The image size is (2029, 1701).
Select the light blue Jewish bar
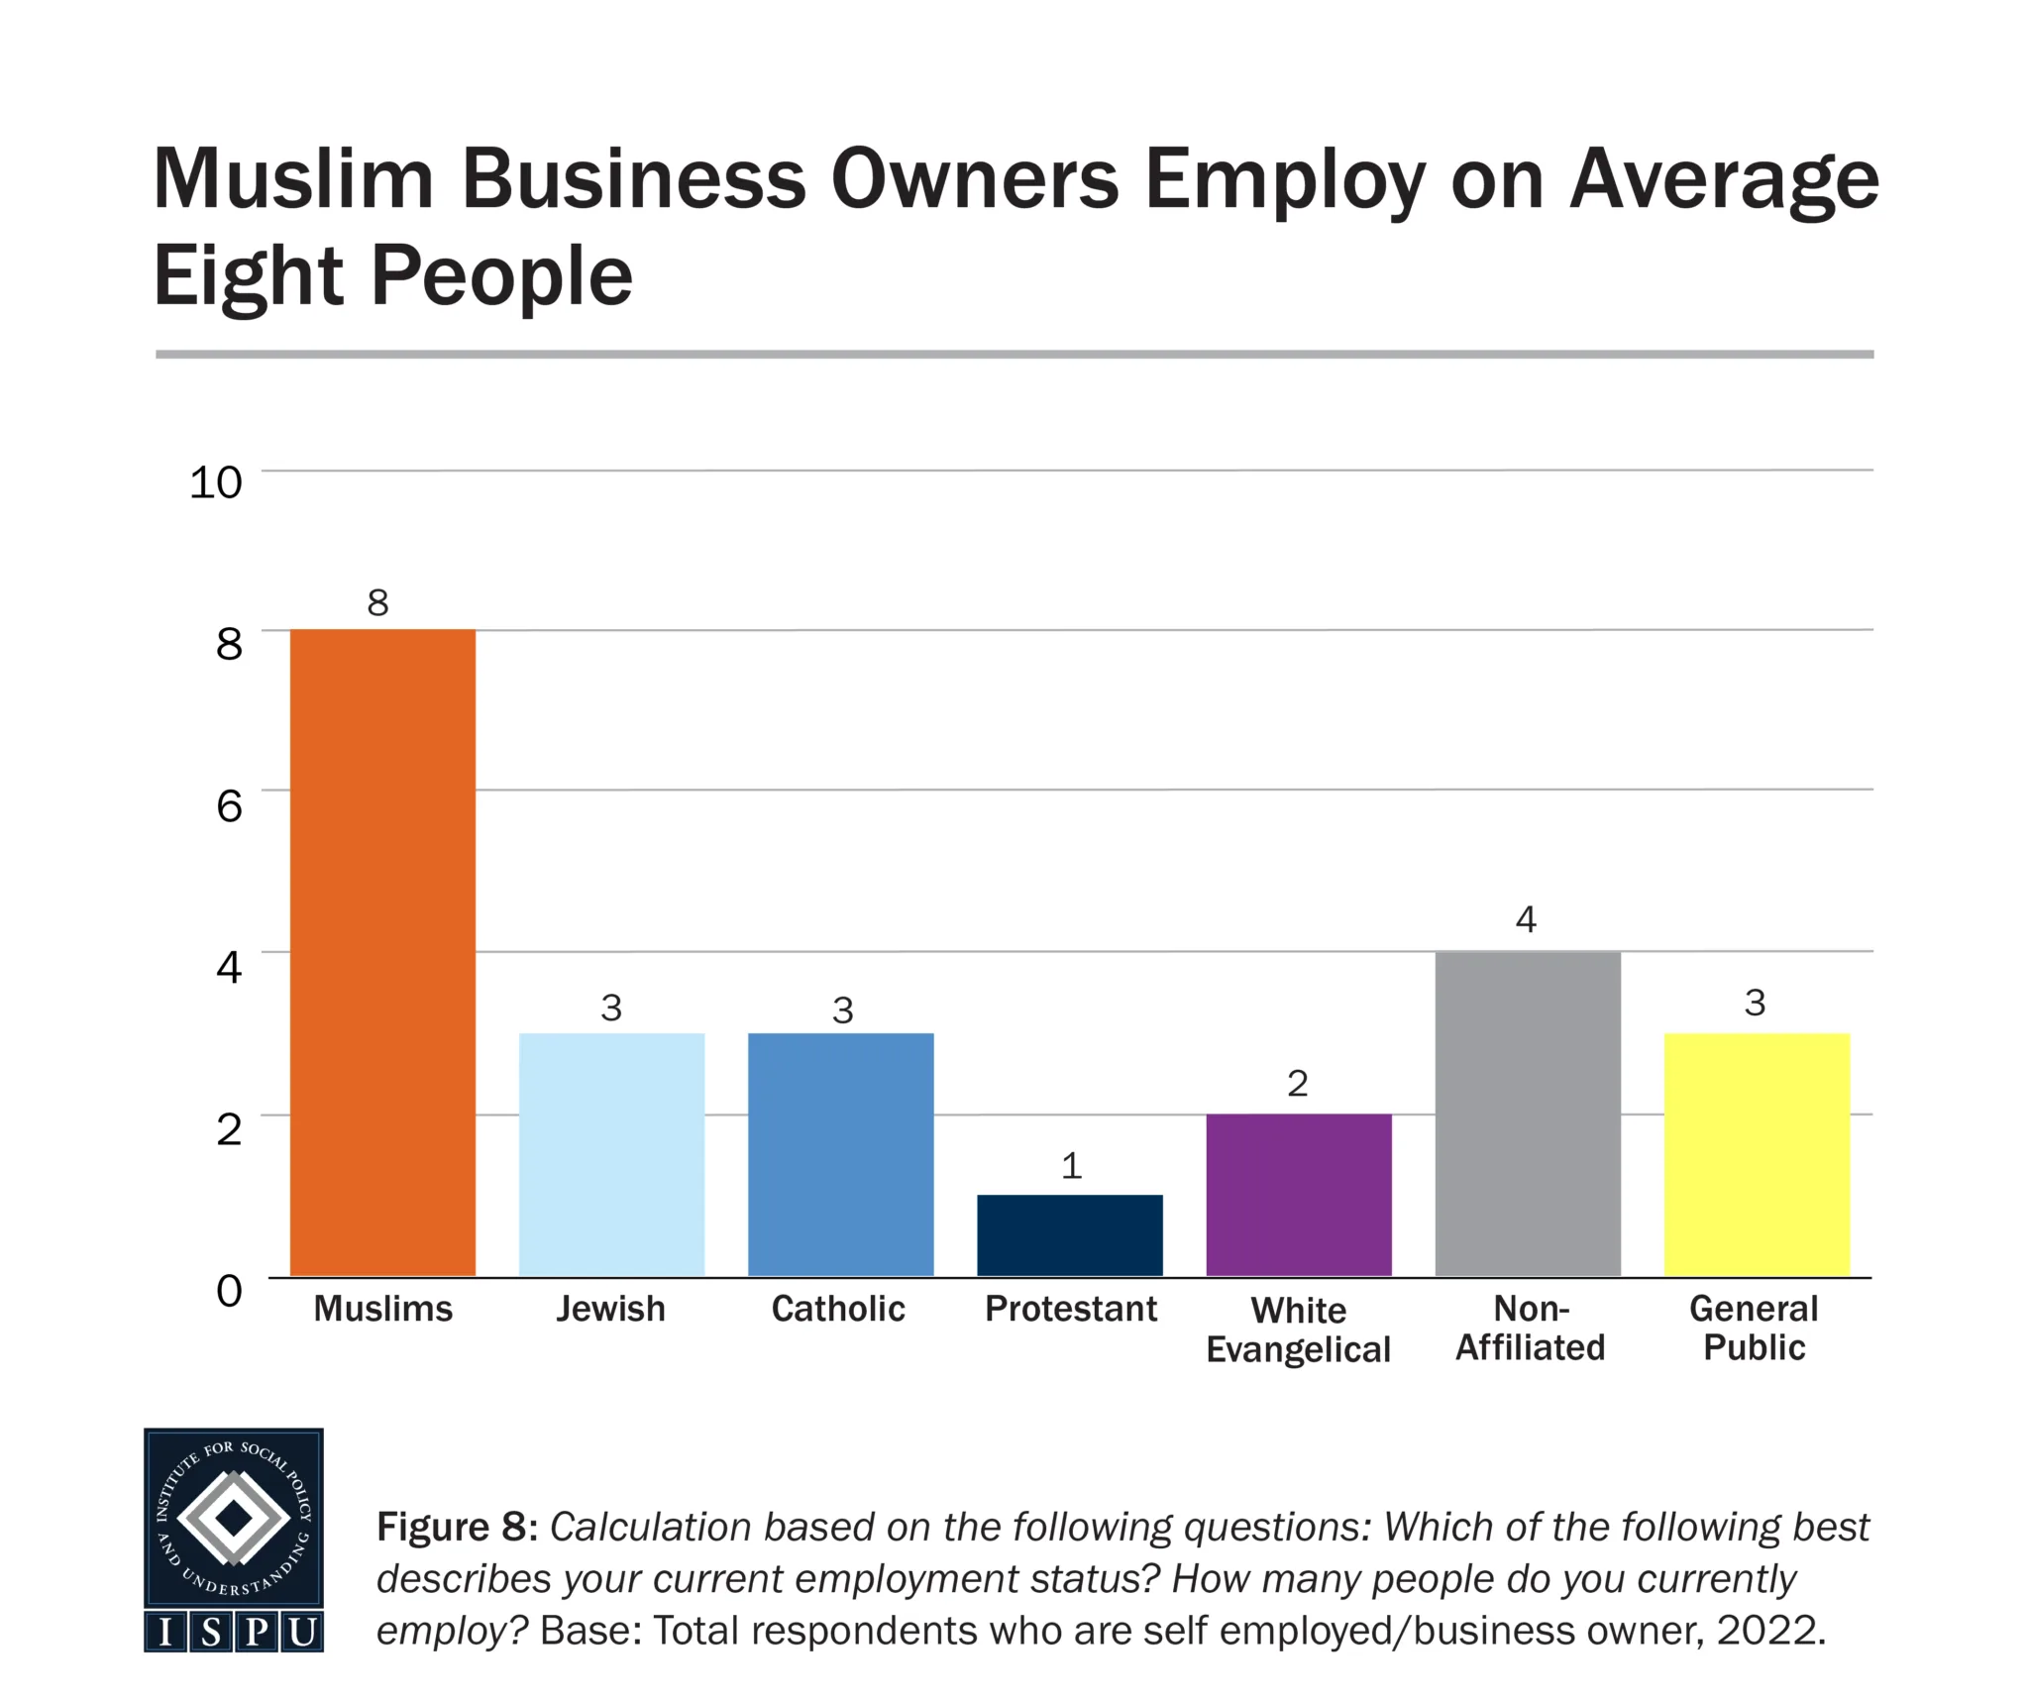point(611,1154)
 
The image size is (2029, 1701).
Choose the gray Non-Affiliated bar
point(1528,1114)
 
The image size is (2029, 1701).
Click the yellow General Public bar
point(1757,1154)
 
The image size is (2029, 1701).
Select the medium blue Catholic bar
point(840,1154)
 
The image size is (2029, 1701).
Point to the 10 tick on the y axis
point(215,482)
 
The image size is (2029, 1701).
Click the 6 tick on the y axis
point(229,805)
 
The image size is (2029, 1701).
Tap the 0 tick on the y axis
point(229,1291)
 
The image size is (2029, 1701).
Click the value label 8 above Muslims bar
point(377,602)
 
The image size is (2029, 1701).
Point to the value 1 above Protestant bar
point(1071,1166)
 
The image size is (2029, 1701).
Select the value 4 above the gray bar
point(1526,919)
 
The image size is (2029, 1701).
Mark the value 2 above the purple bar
point(1298,1083)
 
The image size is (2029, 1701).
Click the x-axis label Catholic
point(838,1309)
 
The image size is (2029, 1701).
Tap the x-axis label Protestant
point(1071,1309)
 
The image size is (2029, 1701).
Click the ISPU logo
point(234,1539)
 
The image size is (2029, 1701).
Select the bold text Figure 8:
point(457,1527)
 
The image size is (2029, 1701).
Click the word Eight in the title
point(248,277)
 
